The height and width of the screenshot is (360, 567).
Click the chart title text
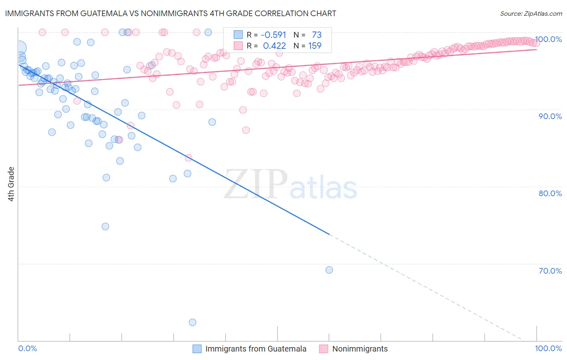click(x=171, y=13)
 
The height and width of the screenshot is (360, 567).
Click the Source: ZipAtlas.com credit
click(x=531, y=13)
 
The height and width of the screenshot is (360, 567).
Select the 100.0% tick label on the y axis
click(x=548, y=39)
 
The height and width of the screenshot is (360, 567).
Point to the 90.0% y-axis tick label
click(x=550, y=116)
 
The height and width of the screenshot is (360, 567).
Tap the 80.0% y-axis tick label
click(x=550, y=193)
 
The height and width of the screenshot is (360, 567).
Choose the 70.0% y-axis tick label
click(x=550, y=271)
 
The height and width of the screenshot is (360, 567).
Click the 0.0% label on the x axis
click(x=27, y=348)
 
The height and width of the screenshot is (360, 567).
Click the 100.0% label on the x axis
click(x=548, y=348)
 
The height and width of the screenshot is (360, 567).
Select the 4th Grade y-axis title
click(x=11, y=184)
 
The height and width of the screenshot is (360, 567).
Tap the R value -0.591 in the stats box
click(x=273, y=35)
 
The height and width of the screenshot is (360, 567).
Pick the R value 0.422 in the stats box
click(x=274, y=46)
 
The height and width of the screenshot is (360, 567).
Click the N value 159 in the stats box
click(x=315, y=46)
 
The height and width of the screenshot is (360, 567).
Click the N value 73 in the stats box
click(x=317, y=35)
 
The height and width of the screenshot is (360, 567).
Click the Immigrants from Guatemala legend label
click(x=256, y=349)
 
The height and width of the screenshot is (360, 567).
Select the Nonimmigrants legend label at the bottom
click(x=360, y=349)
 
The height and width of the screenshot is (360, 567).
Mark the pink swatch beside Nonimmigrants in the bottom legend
click(x=323, y=349)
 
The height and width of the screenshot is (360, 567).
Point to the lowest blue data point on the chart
click(x=192, y=322)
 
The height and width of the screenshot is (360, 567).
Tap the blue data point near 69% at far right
click(x=329, y=270)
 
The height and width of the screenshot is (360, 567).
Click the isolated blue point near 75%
click(x=105, y=226)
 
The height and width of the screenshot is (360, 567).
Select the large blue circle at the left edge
click(x=19, y=48)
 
